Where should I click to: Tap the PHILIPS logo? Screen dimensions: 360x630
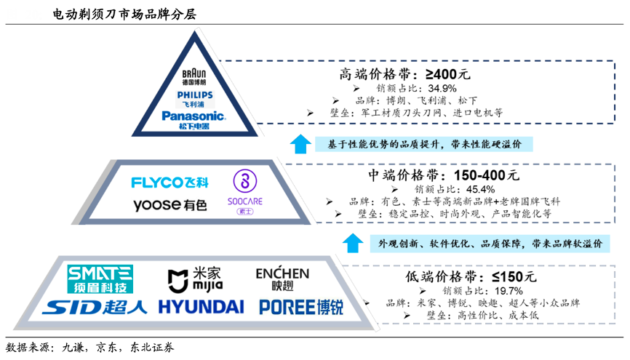pos(194,98)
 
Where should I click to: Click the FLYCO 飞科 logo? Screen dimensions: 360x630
pos(170,182)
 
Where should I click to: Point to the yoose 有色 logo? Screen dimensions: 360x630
pos(170,205)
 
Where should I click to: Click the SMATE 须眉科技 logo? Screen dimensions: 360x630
pos(100,279)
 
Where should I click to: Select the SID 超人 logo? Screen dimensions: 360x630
pos(94,306)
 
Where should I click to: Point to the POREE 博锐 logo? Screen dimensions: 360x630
pos(301,306)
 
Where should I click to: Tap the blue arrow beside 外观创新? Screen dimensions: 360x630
pos(354,243)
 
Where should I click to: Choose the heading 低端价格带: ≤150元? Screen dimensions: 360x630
pos(470,276)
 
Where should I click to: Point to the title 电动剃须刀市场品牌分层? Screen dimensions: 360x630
pos(124,14)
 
